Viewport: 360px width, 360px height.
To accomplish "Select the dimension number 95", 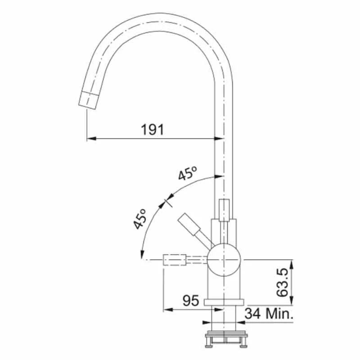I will click(190, 301).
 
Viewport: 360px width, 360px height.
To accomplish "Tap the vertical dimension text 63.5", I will click(282, 283).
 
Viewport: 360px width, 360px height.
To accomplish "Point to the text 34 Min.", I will click(269, 314).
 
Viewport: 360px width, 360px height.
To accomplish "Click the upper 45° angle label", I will click(188, 173).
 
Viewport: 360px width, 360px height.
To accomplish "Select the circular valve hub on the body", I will click(224, 260).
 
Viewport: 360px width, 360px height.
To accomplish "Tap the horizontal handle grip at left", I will click(174, 260).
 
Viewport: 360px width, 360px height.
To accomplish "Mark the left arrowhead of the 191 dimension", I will click(90, 139).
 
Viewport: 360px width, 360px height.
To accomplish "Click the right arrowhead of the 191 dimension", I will click(220, 139).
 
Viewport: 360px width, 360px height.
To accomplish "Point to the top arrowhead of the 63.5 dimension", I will click(293, 264).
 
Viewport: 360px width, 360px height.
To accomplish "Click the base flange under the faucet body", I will click(224, 302).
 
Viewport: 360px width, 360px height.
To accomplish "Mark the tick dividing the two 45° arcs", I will click(168, 201).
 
